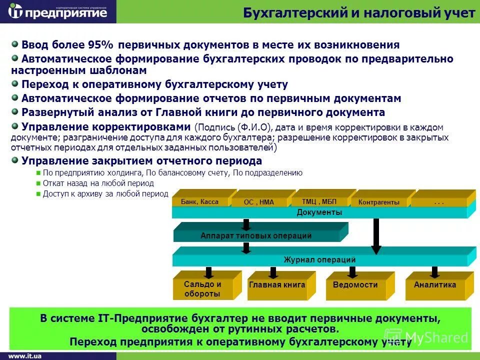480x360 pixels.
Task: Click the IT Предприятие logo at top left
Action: tap(58, 12)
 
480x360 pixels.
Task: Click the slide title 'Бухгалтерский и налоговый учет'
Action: tap(358, 13)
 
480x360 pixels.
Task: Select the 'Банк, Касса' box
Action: tap(200, 202)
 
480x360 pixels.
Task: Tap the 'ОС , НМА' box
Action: tap(259, 202)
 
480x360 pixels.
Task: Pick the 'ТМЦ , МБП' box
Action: tap(319, 202)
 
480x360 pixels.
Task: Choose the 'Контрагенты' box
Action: tap(379, 202)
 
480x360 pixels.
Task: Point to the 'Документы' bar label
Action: tap(319, 212)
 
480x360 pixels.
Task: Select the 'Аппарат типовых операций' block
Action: tap(256, 235)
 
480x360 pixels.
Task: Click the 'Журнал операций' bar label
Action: tap(319, 260)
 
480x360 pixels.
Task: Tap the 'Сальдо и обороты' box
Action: tap(202, 289)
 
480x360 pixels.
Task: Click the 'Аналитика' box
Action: tap(435, 285)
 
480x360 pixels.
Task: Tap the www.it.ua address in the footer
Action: tap(25, 355)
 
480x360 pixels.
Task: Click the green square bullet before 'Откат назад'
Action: tap(38, 183)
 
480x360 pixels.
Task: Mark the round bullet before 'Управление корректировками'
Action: tap(15, 125)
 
